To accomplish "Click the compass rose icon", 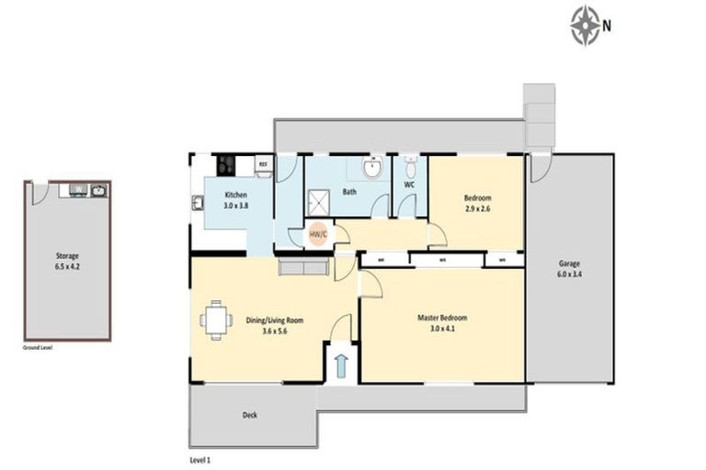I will pyautogui.click(x=586, y=25).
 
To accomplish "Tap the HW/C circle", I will pyautogui.click(x=317, y=234).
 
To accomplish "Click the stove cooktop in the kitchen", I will pyautogui.click(x=227, y=165).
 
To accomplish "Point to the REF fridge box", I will pyautogui.click(x=262, y=165).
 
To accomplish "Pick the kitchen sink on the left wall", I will pyautogui.click(x=197, y=203).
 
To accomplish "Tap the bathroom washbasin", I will pyautogui.click(x=370, y=169).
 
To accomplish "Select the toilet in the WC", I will pyautogui.click(x=410, y=168).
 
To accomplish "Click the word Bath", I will pyautogui.click(x=349, y=193).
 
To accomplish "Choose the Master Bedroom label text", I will pyautogui.click(x=442, y=322).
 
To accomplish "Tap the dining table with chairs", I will pyautogui.click(x=216, y=320).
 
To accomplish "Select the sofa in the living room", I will pyautogui.click(x=303, y=267).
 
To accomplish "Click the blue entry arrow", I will pyautogui.click(x=341, y=366).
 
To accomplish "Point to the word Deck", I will pyautogui.click(x=249, y=415).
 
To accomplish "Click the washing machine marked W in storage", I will pyautogui.click(x=79, y=191).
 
